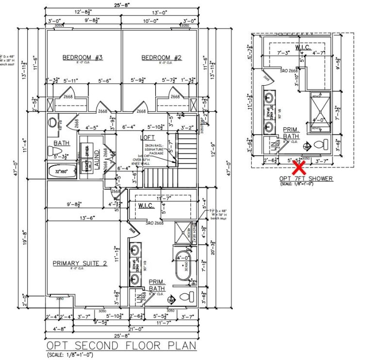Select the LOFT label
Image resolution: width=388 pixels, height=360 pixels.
[147, 137]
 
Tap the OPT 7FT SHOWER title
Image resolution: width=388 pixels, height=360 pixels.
[307, 179]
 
